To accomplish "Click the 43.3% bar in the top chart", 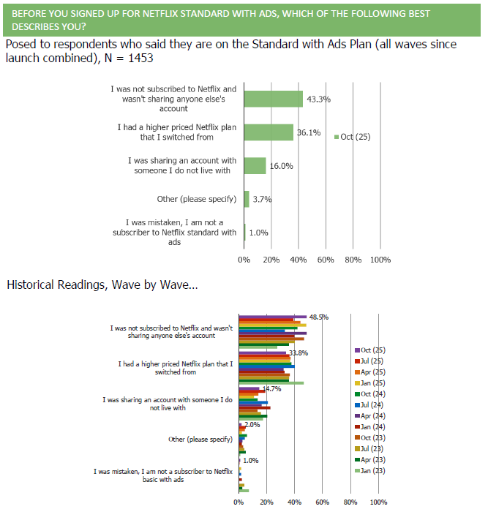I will [273, 99].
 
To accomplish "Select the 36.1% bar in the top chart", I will [269, 132].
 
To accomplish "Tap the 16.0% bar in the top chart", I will [255, 166].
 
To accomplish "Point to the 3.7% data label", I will [262, 199].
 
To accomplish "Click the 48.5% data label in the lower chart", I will [319, 317].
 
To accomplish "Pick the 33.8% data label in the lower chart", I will [298, 353].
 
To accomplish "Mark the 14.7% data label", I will [271, 388].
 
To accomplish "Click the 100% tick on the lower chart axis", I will [378, 502].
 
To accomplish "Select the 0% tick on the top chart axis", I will [244, 260].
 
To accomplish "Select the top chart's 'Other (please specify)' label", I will [197, 199].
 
